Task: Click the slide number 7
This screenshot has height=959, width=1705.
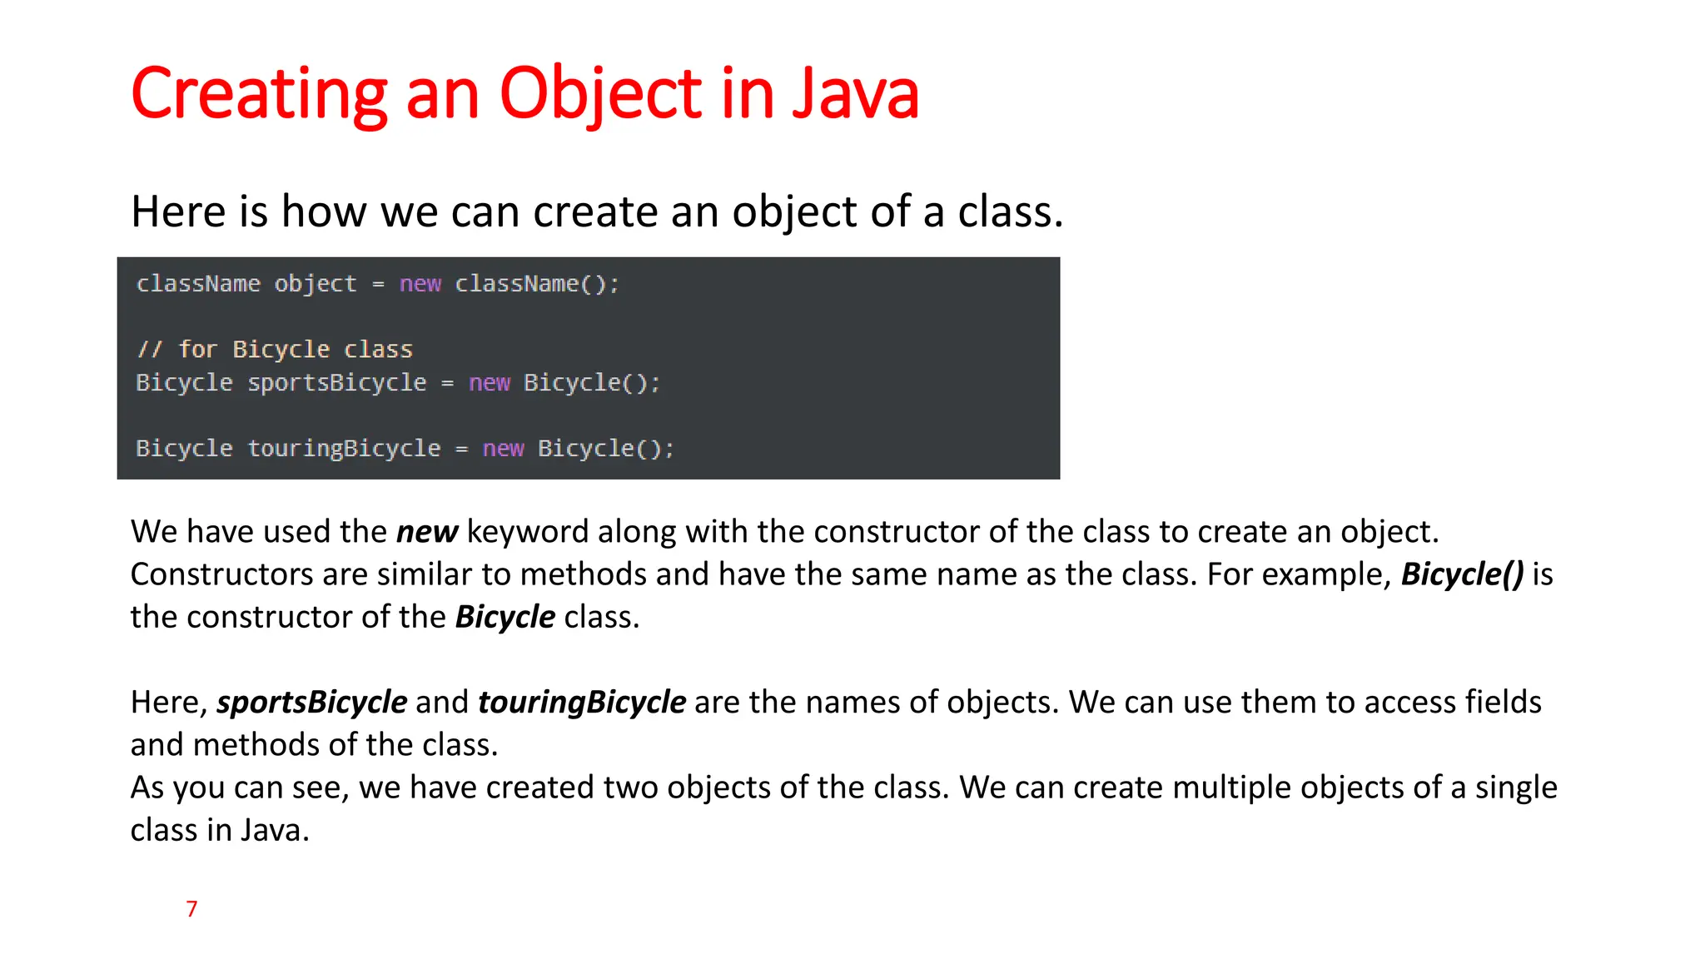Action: [191, 908]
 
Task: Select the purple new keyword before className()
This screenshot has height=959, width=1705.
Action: [420, 284]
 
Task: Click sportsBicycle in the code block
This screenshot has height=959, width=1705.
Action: [336, 383]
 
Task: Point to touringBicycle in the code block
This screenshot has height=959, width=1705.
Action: [344, 449]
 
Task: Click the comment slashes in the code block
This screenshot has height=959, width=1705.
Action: [150, 350]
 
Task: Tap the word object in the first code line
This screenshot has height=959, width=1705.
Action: [315, 284]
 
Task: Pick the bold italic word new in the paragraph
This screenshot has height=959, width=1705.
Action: [426, 532]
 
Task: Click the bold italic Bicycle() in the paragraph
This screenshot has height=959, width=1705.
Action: [1462, 574]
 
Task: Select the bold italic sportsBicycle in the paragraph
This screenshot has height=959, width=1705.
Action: [312, 703]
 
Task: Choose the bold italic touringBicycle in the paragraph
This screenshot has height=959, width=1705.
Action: [582, 703]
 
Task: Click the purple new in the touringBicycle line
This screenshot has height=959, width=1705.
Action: [503, 449]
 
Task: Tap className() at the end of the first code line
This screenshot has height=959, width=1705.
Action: [536, 284]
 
